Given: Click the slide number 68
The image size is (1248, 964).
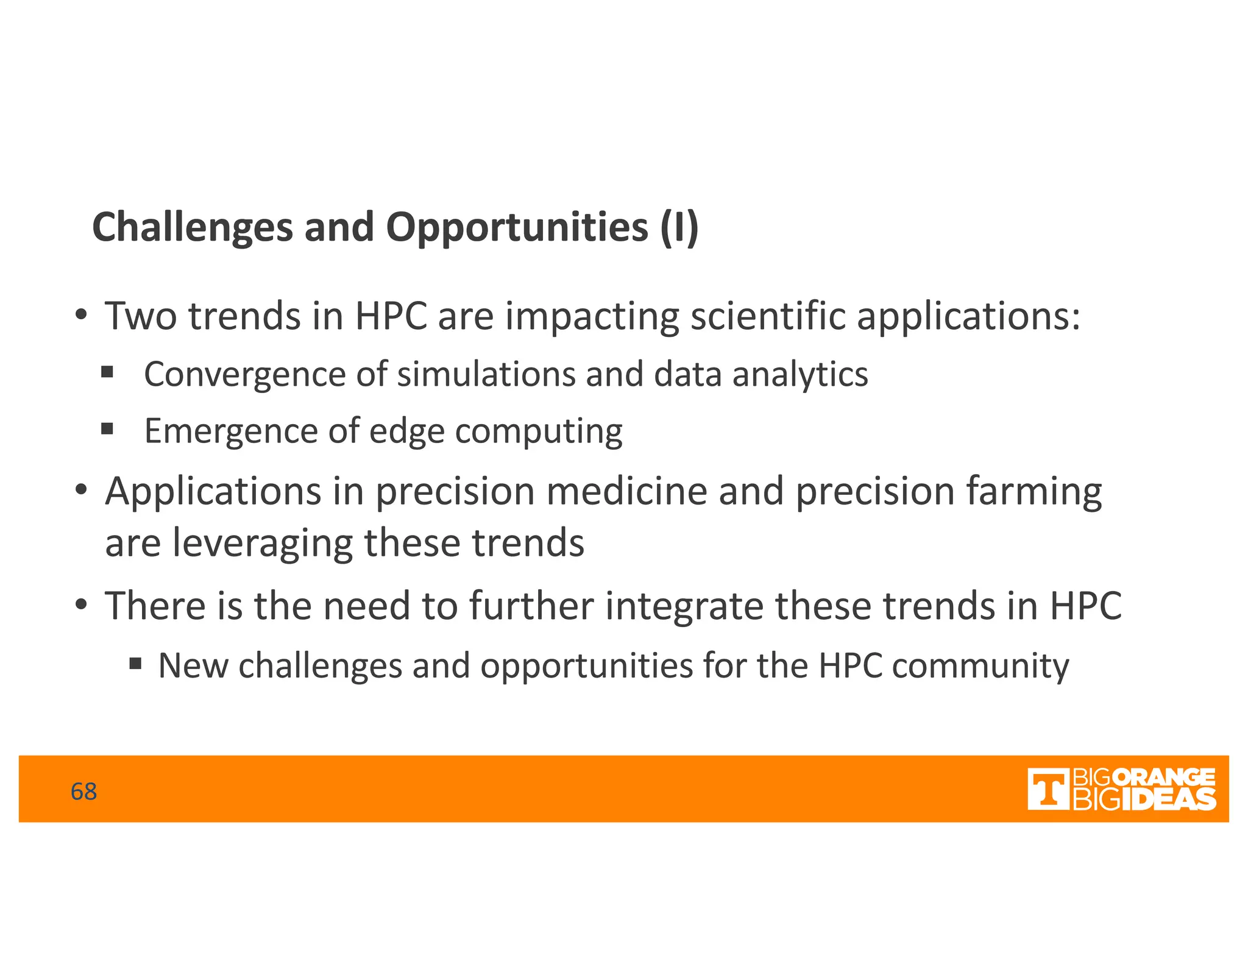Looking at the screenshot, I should (83, 792).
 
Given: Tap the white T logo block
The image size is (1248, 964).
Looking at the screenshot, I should (1048, 789).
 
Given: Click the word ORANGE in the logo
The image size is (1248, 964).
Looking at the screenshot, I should (1167, 778).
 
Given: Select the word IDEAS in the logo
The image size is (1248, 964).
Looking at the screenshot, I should (1168, 799).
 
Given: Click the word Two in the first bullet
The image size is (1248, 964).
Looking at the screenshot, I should (141, 316).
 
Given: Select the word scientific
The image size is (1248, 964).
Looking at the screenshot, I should (768, 316).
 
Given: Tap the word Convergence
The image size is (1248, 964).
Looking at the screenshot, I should (245, 374).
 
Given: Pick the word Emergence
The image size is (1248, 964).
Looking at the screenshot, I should (231, 431).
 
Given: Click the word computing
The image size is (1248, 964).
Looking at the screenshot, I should (539, 431).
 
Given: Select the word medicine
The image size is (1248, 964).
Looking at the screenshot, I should (626, 491).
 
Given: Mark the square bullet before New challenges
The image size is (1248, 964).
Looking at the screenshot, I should (135, 662).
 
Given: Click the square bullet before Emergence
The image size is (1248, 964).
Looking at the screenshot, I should (107, 429).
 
